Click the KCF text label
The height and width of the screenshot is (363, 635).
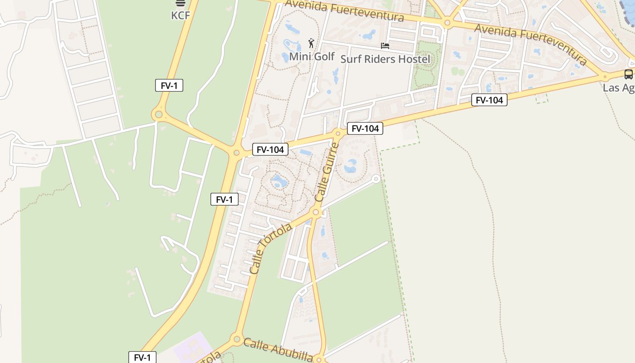[180, 15]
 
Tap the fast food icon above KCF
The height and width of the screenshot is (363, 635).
[181, 3]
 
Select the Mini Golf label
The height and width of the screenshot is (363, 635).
[312, 57]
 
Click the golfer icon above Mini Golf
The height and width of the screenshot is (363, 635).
[311, 44]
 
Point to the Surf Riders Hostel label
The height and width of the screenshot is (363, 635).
[385, 59]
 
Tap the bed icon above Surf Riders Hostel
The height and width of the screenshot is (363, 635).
[385, 46]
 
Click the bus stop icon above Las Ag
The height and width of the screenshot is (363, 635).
[628, 74]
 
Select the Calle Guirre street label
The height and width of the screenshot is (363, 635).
[327, 172]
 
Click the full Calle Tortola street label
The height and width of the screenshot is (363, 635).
[270, 249]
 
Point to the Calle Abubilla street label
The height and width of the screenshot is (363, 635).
[278, 349]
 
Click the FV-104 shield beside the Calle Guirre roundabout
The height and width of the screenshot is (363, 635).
[365, 128]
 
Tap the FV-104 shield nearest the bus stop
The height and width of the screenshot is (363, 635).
[489, 100]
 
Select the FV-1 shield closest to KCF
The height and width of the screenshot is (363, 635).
[169, 85]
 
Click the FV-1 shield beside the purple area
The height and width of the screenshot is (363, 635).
[142, 358]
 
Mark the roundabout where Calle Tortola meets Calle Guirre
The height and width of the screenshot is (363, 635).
[317, 212]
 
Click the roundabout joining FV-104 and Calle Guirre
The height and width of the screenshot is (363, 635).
[337, 133]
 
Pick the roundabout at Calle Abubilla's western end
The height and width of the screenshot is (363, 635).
[236, 338]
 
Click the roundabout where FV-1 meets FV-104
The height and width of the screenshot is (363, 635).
[236, 153]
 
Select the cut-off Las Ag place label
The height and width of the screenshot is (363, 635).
[618, 88]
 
